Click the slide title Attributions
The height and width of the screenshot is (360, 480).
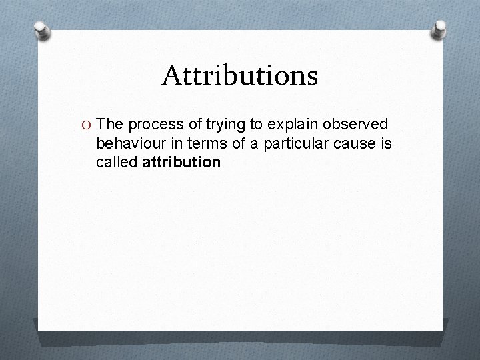[x=239, y=76]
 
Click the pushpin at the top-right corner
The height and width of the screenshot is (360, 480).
[x=441, y=27]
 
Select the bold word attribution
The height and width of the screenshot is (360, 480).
[x=181, y=162]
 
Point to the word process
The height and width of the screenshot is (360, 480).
[x=153, y=125]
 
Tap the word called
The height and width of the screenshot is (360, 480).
[x=117, y=162]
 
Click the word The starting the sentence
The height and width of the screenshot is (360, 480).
[x=110, y=125]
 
